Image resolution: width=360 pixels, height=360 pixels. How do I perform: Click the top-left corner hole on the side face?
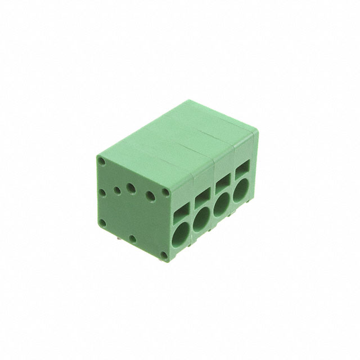pos(101,161)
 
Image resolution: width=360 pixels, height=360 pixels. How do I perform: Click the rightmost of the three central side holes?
pos(150,196)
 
